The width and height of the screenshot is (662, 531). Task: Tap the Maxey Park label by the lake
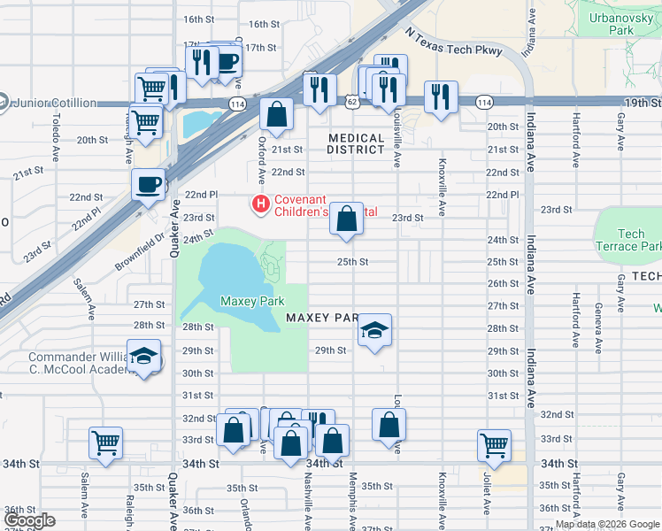[252, 301]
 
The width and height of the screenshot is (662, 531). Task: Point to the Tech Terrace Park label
[631, 240]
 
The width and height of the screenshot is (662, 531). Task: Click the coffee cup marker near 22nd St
[148, 184]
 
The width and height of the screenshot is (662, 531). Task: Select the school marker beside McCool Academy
[142, 356]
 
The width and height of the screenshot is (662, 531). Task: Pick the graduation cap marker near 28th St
[374, 332]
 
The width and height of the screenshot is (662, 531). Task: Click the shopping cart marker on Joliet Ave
[494, 445]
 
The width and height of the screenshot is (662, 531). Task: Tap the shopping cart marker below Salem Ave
[105, 442]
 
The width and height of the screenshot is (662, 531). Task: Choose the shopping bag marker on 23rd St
[346, 218]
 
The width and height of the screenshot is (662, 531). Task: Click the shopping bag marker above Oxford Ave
[276, 113]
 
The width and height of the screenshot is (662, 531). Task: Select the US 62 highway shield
[352, 104]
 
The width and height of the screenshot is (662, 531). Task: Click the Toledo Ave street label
[55, 129]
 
